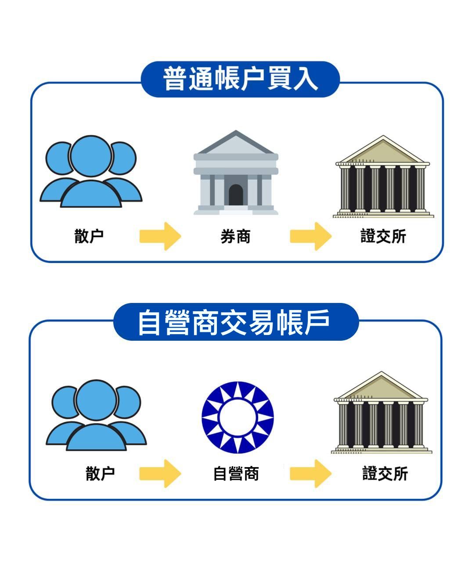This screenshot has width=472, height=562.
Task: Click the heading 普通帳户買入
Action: (240, 79)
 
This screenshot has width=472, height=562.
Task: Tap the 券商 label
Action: (235, 237)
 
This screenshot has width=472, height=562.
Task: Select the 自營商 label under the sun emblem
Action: (236, 474)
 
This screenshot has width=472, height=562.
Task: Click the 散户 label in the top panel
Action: (89, 236)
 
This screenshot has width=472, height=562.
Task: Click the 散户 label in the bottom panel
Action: (100, 473)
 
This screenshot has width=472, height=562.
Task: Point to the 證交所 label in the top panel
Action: (383, 237)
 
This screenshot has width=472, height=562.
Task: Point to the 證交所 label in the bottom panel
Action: (385, 474)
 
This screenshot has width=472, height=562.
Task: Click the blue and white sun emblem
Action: (238, 417)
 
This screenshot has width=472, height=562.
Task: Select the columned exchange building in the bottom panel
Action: (381, 413)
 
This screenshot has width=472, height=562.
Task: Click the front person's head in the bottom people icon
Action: (97, 400)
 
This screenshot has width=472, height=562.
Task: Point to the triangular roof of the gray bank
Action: (236, 144)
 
